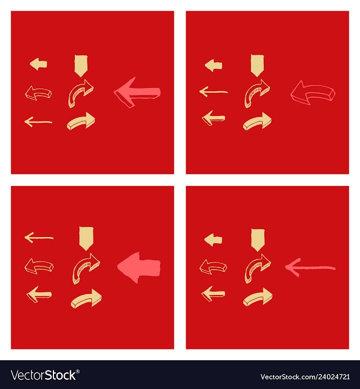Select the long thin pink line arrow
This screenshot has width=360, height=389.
(310, 268)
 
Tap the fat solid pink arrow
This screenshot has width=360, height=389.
(139, 267)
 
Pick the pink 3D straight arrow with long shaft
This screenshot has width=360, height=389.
(137, 92)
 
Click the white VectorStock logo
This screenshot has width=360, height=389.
(45, 375)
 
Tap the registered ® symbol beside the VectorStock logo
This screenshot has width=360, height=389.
(78, 372)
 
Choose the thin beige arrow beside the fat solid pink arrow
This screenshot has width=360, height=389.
(39, 238)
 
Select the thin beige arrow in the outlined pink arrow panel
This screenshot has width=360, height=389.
(214, 92)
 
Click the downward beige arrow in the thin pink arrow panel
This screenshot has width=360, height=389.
(258, 240)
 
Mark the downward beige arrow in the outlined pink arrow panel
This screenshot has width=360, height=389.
(258, 65)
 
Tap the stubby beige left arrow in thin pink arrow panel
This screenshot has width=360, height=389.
(213, 240)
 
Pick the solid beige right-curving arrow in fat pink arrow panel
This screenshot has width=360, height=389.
(86, 298)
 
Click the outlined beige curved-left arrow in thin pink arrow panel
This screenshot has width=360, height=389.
(213, 266)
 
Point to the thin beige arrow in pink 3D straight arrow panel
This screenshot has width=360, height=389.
(38, 122)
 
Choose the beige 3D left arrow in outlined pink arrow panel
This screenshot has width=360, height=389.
(214, 118)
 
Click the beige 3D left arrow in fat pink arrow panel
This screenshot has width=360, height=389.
(39, 294)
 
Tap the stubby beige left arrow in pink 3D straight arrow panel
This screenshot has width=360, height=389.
(38, 64)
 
